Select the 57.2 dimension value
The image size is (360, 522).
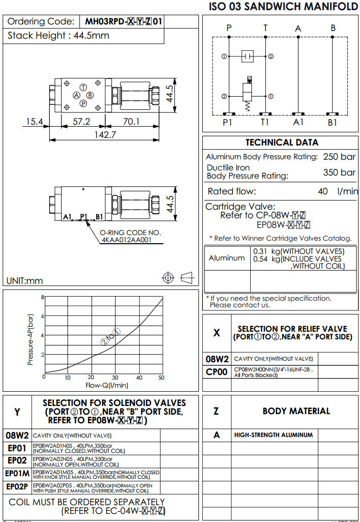(81, 122)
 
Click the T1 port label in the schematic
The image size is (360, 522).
(265, 123)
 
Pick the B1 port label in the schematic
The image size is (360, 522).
(333, 123)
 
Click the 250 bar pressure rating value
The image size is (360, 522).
(339, 157)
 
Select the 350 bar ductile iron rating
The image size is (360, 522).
(339, 172)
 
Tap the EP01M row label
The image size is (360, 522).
(17, 474)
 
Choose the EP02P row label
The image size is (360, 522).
(17, 487)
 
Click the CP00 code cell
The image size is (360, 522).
(217, 372)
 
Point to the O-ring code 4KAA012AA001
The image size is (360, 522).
(126, 240)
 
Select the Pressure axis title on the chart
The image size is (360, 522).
(31, 339)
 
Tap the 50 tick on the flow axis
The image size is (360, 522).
(161, 378)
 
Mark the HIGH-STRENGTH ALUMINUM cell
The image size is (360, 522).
(274, 435)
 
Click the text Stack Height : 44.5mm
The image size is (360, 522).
(58, 36)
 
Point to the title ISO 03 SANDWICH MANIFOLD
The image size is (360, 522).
(283, 7)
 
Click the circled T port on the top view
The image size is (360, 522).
(83, 88)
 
